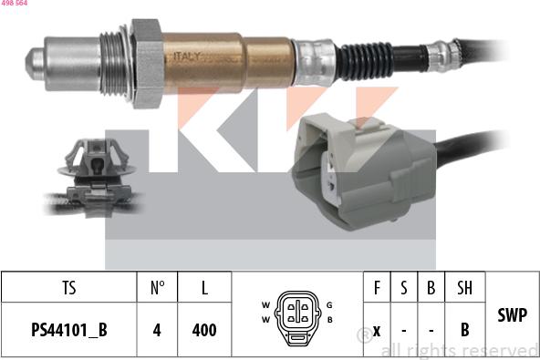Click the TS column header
click(x=69, y=288)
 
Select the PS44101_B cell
click(x=69, y=330)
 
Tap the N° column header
click(x=157, y=288)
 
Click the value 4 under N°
click(x=157, y=330)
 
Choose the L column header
click(x=204, y=288)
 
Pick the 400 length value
click(x=204, y=330)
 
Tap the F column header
click(x=376, y=288)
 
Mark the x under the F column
click(x=376, y=330)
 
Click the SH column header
click(x=464, y=288)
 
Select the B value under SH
click(x=464, y=330)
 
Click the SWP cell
click(x=512, y=314)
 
